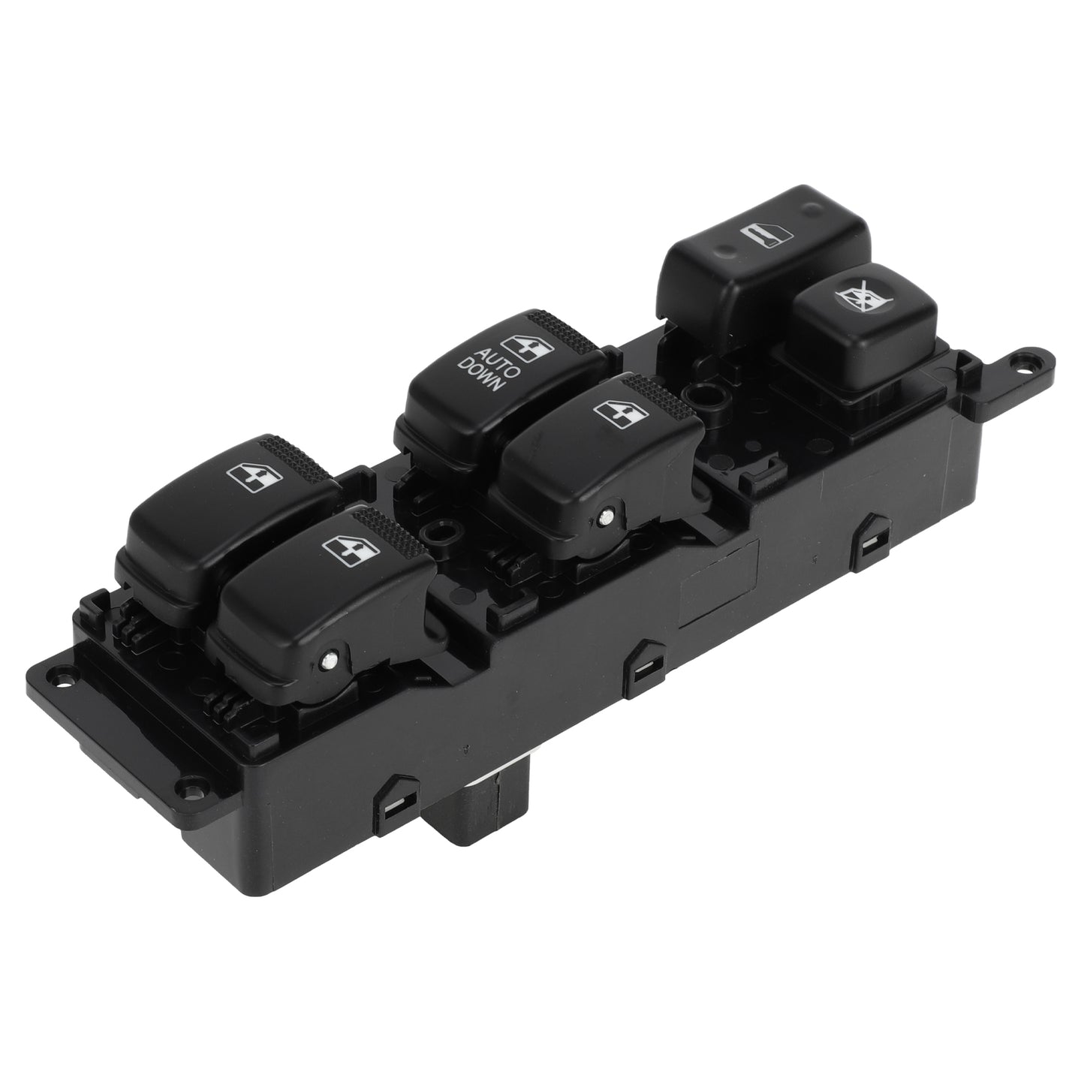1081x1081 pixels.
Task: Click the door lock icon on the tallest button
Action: pyautogui.click(x=766, y=234)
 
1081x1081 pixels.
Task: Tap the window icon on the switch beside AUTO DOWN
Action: pyautogui.click(x=621, y=414)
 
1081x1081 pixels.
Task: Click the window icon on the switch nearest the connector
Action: pyautogui.click(x=351, y=550)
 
